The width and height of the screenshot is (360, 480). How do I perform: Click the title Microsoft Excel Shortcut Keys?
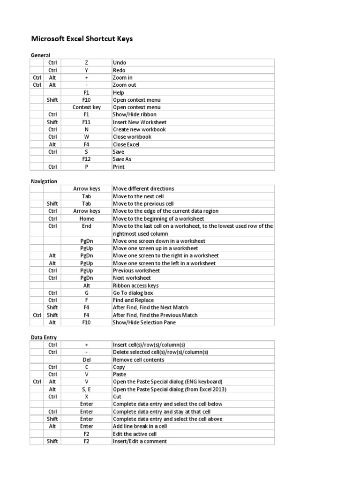coord(82,38)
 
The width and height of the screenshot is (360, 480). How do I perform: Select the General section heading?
coord(40,55)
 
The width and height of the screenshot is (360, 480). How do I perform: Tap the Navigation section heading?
coord(44,181)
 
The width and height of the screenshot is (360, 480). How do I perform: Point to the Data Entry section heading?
coord(44,337)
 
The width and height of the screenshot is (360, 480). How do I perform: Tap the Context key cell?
coord(87,107)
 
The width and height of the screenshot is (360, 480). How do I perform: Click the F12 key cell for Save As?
coord(87,159)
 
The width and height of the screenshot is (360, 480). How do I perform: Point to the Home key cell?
coord(87,219)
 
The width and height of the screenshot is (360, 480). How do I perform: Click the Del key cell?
coord(87,360)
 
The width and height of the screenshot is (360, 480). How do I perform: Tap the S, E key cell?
coord(87,390)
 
